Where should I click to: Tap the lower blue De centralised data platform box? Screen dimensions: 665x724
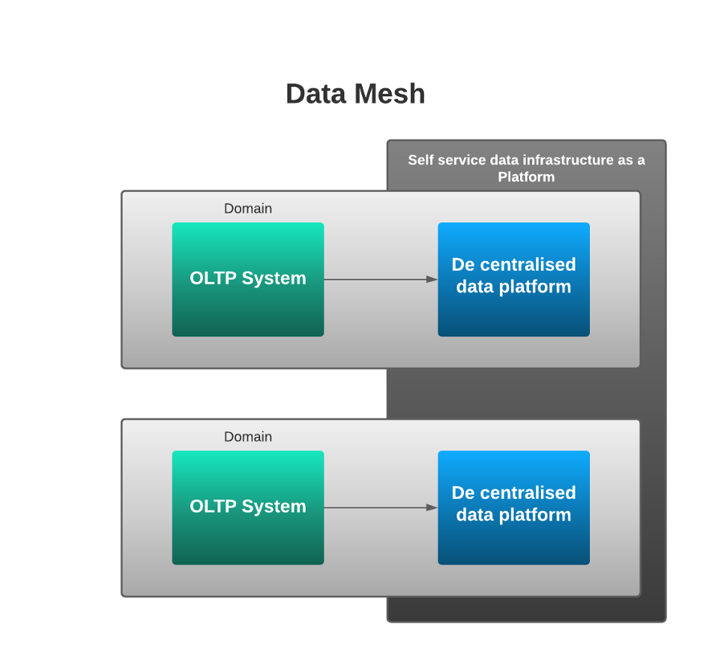click(514, 543)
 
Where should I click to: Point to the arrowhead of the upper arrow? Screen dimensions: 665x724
click(432, 279)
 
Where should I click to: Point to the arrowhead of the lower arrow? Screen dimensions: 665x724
click(432, 508)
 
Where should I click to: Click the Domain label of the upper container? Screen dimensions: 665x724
click(248, 209)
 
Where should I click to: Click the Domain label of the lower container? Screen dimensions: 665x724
click(248, 437)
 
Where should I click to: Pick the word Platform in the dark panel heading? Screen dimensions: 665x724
click(526, 177)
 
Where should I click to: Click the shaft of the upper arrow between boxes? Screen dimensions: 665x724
click(373, 279)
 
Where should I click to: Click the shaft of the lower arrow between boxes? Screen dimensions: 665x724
click(373, 508)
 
